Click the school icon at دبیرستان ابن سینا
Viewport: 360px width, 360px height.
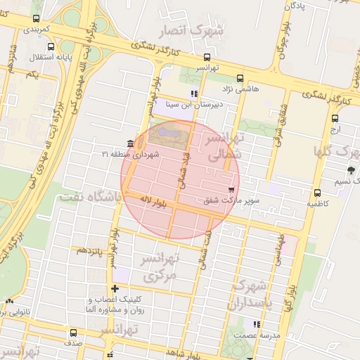(x=194, y=94)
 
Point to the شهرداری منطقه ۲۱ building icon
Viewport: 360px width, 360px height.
(x=132, y=143)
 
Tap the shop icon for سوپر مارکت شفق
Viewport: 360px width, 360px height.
(x=232, y=190)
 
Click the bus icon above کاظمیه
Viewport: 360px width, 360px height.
(x=317, y=193)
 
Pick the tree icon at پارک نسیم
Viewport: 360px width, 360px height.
(x=351, y=170)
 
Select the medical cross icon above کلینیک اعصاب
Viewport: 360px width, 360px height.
(x=115, y=288)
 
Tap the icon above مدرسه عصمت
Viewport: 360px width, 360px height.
(x=257, y=324)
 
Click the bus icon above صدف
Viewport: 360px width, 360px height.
(x=74, y=333)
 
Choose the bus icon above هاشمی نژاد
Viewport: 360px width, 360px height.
(x=240, y=79)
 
